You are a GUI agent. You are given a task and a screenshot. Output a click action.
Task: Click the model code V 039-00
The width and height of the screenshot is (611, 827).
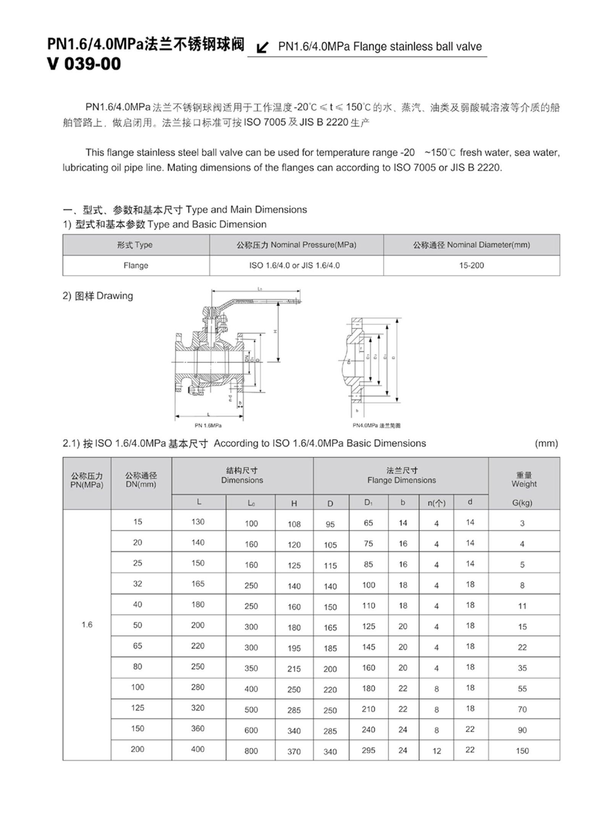(x=84, y=64)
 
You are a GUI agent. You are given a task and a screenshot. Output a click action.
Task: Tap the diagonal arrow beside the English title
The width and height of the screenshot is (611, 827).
(x=262, y=48)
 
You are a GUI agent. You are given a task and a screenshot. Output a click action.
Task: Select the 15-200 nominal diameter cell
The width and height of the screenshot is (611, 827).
(x=471, y=265)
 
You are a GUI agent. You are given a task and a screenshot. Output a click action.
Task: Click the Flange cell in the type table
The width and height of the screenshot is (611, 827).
(x=136, y=265)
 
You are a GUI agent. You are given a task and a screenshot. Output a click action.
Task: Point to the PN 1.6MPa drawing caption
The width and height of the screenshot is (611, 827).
(x=208, y=425)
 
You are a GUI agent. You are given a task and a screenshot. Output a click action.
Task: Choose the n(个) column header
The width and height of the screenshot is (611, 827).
(x=436, y=503)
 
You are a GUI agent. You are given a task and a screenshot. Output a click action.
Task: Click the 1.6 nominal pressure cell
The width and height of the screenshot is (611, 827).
(x=87, y=625)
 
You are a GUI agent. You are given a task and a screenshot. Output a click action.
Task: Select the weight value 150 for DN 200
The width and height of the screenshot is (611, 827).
(x=522, y=751)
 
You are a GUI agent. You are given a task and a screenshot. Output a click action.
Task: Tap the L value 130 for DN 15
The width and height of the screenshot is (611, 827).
(x=198, y=522)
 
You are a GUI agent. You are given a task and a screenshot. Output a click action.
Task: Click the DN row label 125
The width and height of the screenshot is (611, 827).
(x=137, y=708)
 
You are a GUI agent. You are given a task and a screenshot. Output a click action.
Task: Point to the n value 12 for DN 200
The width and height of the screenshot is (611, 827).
(x=436, y=751)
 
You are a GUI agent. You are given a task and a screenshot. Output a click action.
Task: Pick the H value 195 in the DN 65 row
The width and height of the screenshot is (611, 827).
(x=294, y=648)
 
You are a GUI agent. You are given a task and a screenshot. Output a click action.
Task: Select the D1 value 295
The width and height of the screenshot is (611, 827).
(x=369, y=750)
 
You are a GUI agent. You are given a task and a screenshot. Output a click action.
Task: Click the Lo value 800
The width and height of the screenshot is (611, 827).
(x=251, y=751)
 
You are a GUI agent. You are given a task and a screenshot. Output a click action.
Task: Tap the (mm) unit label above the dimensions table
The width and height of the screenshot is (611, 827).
(x=546, y=443)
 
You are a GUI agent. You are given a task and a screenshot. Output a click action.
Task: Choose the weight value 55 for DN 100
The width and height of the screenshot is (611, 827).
(x=522, y=689)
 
